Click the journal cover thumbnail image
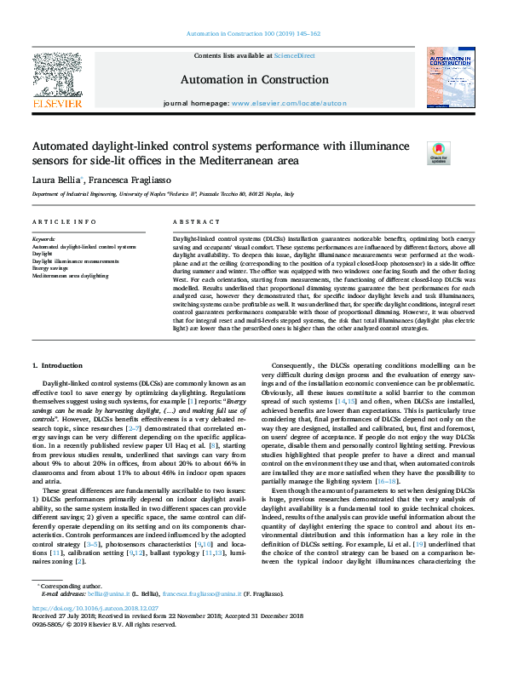click(450, 78)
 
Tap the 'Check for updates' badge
click(437, 152)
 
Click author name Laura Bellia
click(57, 180)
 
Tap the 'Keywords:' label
click(43, 239)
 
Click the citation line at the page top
click(253, 34)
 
